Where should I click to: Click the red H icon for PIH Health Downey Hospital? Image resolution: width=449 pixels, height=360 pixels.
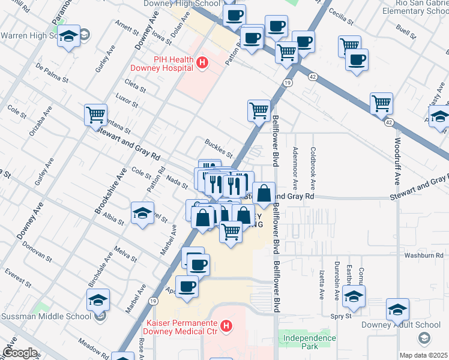[202, 62]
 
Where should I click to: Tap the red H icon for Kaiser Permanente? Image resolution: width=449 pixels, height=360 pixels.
[226, 327]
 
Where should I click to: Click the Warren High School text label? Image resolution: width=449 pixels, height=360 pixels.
[28, 36]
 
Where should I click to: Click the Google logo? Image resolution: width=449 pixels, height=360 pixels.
[19, 353]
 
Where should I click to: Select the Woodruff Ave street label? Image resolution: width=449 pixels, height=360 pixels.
[397, 162]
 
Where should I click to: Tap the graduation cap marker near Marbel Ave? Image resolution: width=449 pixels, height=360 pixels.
[142, 212]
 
